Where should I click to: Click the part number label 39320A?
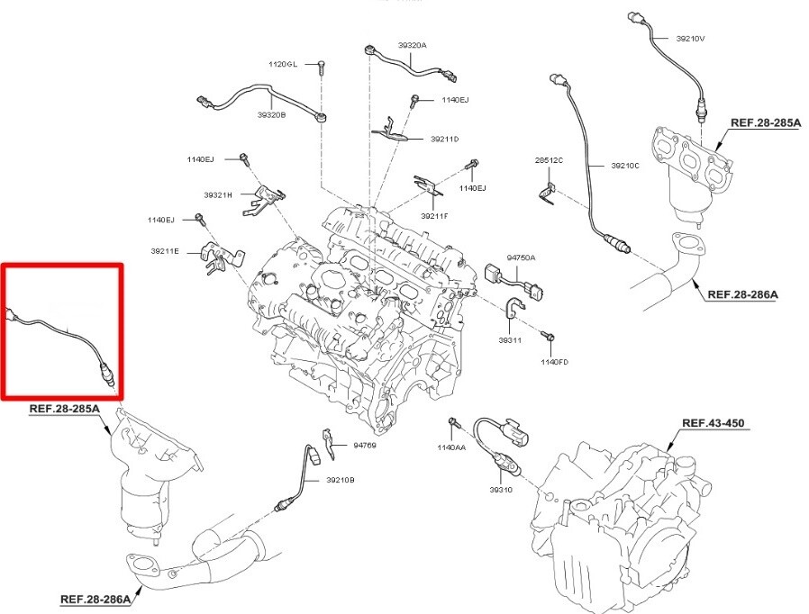[413, 45]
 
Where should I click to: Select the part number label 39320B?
[271, 115]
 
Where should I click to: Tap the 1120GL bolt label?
[282, 65]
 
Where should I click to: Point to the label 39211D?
[444, 139]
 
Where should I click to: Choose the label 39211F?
[433, 216]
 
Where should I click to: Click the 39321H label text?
[217, 194]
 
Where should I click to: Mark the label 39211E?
[165, 250]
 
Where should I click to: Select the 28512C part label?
[549, 160]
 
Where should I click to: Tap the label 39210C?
[624, 166]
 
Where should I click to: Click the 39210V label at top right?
[691, 39]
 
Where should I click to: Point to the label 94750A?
[521, 257]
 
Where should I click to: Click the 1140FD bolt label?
[554, 362]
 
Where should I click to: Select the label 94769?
[365, 445]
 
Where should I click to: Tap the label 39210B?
[341, 480]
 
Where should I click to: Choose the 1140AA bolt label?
[451, 447]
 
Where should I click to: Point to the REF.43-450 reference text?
[714, 422]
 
